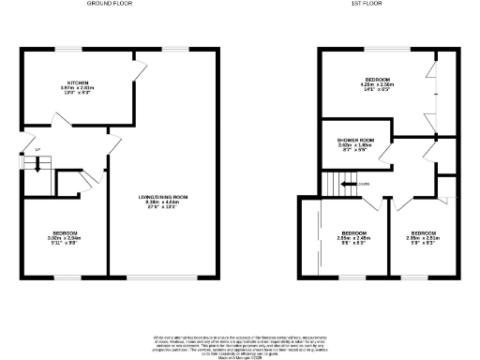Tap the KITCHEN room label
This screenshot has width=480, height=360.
point(65,82)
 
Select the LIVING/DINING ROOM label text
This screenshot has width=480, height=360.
point(164,197)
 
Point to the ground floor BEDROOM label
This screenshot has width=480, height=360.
point(65,232)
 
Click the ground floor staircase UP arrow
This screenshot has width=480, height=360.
point(37,166)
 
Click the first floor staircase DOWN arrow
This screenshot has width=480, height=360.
point(348,185)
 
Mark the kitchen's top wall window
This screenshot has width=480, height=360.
point(68,48)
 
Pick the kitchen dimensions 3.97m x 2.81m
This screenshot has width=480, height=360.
point(66,87)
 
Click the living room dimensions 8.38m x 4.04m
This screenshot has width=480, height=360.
point(164,202)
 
